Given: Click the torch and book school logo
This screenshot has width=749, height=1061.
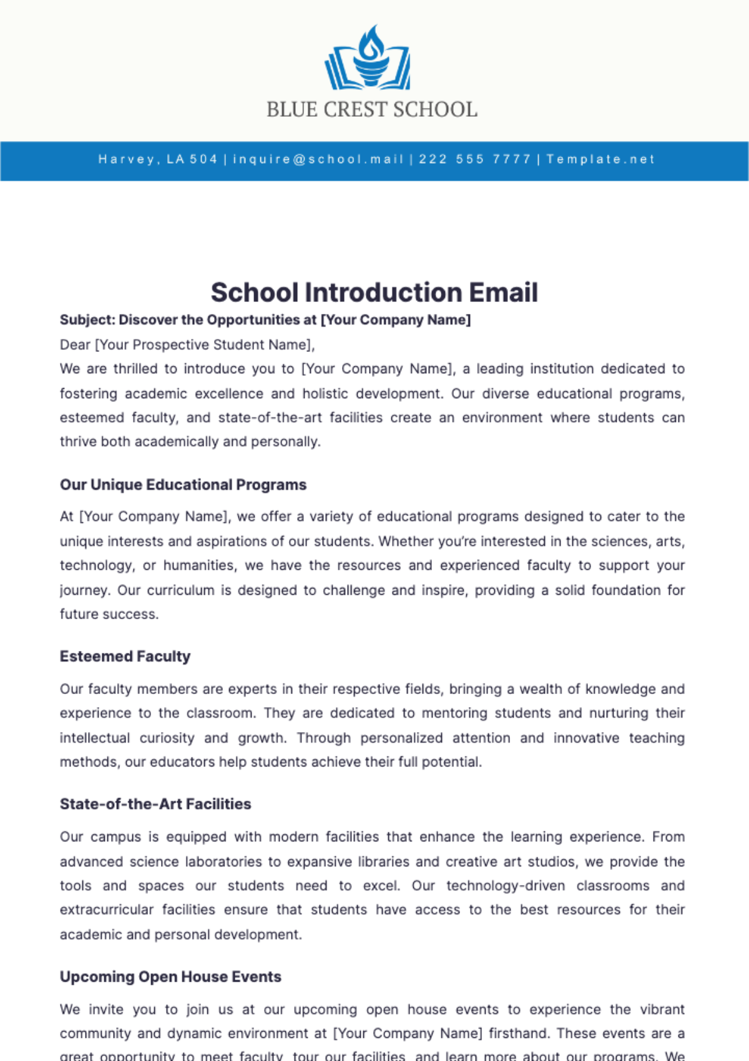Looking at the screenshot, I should click(368, 57).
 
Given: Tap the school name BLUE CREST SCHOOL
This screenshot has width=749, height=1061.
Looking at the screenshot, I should click(372, 110).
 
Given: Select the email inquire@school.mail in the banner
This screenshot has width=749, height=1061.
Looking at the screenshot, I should click(318, 159).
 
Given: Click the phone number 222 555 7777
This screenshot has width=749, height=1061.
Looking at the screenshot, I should click(475, 159).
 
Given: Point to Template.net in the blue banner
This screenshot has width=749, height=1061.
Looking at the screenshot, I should click(600, 159).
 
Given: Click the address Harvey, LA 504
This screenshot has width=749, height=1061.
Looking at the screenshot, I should click(158, 159).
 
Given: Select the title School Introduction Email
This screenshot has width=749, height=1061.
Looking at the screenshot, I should click(374, 292).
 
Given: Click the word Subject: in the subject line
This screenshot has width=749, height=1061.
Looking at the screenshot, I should click(87, 320).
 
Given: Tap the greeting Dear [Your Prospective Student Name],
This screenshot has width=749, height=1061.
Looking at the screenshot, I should click(187, 345).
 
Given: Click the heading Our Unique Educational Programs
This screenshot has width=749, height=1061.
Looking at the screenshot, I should click(183, 485).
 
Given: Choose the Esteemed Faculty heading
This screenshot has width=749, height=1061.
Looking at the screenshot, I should click(125, 657).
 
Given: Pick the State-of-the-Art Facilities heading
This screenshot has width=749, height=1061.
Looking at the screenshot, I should click(155, 804).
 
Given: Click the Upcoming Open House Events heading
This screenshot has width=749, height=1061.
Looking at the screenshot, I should click(170, 977).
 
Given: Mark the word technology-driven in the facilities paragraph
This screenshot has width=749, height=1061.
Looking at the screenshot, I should click(506, 886).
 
